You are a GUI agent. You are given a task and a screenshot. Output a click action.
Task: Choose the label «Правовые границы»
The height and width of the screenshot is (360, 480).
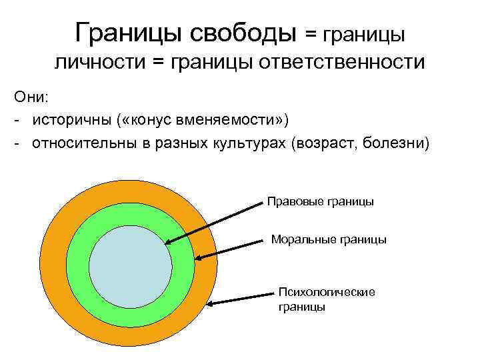point(320,201)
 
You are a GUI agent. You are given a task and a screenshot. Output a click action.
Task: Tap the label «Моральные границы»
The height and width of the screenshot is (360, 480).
point(329,239)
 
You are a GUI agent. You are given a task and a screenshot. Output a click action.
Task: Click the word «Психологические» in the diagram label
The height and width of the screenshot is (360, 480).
point(327,292)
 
